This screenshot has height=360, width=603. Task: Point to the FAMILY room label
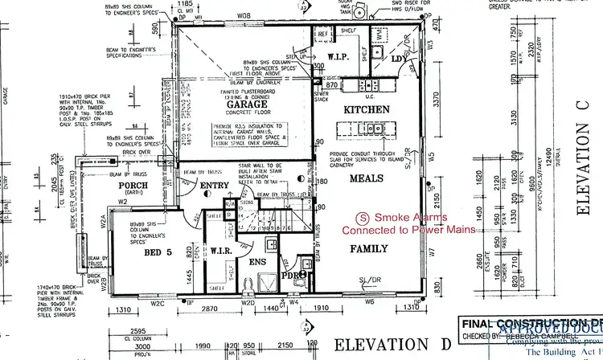(369, 248)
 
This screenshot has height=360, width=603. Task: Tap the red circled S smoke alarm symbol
(363, 217)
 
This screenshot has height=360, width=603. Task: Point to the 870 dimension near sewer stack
(330, 84)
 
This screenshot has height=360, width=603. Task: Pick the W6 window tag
(370, 302)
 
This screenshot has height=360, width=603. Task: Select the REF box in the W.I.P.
(322, 35)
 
